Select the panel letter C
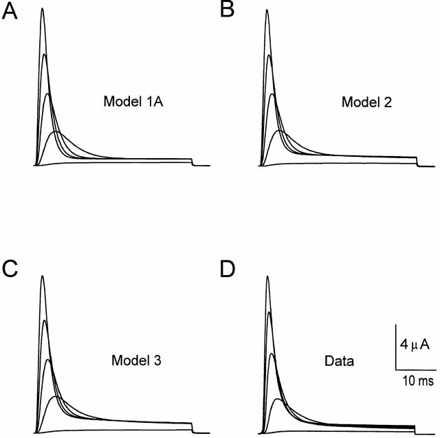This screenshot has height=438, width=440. [x=11, y=269]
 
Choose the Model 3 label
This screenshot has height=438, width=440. [x=131, y=359]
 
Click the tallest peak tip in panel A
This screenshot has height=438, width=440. [x=42, y=9]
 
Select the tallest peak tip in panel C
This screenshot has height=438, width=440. [x=42, y=276]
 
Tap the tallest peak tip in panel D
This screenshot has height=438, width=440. [x=266, y=276]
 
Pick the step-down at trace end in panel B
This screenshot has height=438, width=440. [x=416, y=162]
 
